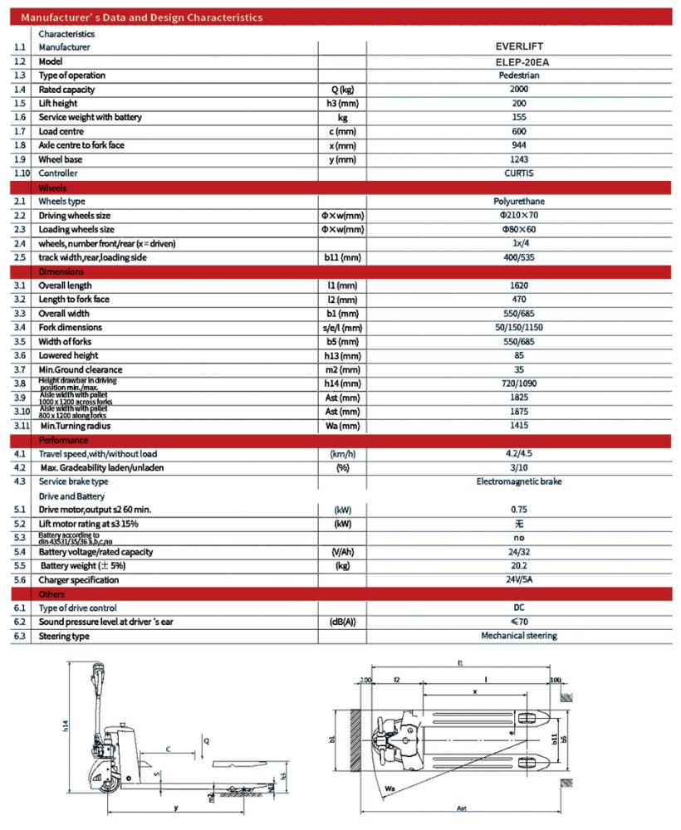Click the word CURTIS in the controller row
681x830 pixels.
pos(518,173)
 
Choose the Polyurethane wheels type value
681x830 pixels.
pos(518,202)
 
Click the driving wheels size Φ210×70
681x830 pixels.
pos(518,216)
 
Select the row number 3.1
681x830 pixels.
pos(20,286)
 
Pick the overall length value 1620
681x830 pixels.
pos(520,286)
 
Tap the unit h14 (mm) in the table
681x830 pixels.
pos(342,384)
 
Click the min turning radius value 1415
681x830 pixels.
pos(520,427)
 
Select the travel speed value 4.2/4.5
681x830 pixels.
pos(520,454)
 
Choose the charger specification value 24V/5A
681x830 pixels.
pos(520,580)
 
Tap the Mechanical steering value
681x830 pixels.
pos(519,636)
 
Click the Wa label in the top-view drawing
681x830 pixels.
pos(388,783)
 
